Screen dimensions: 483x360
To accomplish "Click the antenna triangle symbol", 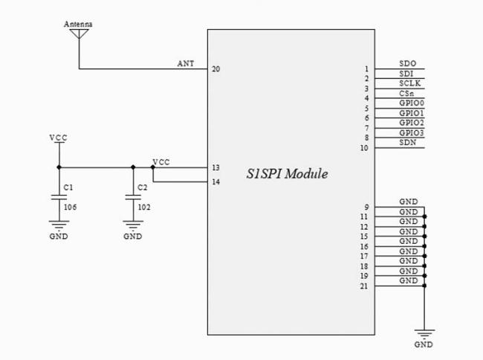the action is click(x=80, y=33).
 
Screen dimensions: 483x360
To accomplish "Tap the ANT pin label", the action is click(x=186, y=63).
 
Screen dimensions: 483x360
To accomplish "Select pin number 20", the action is click(x=216, y=69).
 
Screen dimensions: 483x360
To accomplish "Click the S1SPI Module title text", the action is click(x=287, y=174).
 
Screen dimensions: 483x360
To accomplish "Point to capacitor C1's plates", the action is click(x=59, y=197).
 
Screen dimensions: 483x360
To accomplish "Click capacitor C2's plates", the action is click(x=133, y=197).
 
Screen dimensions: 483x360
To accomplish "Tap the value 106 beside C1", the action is click(x=71, y=207).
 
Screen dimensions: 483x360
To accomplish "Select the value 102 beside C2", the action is click(x=144, y=207).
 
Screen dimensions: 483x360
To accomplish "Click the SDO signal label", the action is click(x=407, y=63).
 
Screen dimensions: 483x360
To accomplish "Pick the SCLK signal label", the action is click(x=410, y=83).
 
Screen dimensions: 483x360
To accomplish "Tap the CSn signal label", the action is click(x=406, y=94).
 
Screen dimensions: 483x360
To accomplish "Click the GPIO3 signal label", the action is click(x=412, y=133).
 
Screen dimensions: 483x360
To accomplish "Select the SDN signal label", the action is click(x=408, y=142).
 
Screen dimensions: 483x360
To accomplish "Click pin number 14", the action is click(x=216, y=181).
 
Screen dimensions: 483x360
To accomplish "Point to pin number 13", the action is click(x=216, y=167).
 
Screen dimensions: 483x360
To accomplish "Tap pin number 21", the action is click(x=364, y=286).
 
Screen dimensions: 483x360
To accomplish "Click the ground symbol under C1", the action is click(x=59, y=225).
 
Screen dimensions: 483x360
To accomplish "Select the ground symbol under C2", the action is click(x=133, y=225).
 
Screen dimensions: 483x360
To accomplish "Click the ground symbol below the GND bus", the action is click(x=424, y=334).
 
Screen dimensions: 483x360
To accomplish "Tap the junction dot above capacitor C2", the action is click(x=133, y=167).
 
